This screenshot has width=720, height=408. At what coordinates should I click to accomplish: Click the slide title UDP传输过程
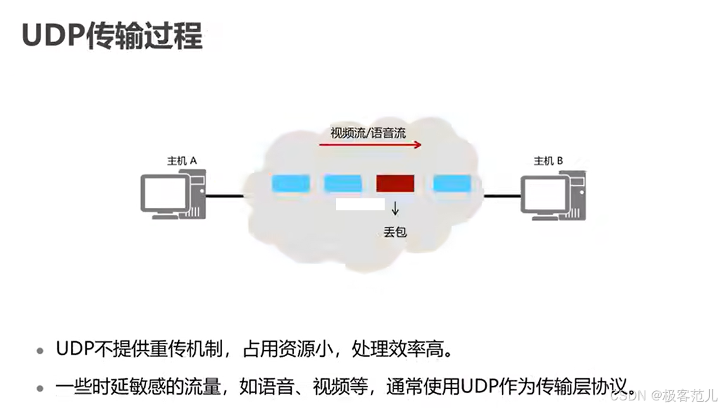point(112,37)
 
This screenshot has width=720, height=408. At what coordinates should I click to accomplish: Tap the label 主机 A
point(182,161)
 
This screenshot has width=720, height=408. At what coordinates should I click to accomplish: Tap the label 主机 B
point(548,161)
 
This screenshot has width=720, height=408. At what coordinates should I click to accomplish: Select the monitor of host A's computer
point(163,193)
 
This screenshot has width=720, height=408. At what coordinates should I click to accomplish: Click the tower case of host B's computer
point(576,195)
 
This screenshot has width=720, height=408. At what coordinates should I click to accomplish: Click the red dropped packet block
point(395,183)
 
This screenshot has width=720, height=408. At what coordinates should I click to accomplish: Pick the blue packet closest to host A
point(291,183)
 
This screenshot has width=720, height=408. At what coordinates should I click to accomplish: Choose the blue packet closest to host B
point(452,183)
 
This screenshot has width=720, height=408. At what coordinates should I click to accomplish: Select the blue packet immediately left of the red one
point(343,183)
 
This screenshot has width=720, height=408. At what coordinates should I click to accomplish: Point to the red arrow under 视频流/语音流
point(370,145)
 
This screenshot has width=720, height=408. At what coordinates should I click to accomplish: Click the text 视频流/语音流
point(368,133)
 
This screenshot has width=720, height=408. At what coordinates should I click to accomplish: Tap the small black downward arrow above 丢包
point(395,209)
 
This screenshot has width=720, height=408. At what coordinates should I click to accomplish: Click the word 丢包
point(395,231)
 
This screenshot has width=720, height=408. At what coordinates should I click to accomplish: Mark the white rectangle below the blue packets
point(360,205)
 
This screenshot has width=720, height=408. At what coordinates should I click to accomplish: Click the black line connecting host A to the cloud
point(225,196)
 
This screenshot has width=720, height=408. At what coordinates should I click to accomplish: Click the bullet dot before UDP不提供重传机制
point(40,351)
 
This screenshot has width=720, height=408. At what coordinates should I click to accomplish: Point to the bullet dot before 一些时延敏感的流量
point(40,387)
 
